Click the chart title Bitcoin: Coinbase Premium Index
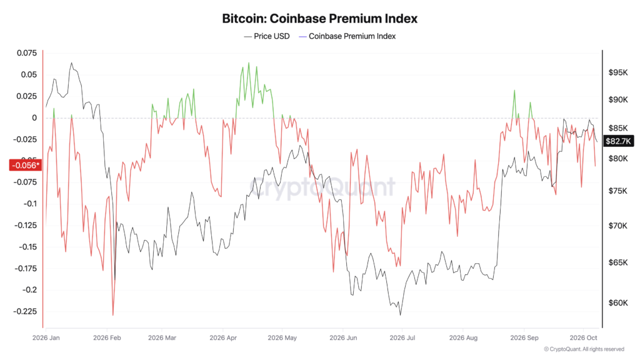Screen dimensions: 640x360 319,18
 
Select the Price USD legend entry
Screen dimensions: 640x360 267,36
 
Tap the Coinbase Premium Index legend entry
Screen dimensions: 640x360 347,36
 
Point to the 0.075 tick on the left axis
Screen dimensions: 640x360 27,53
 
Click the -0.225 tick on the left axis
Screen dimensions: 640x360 25,311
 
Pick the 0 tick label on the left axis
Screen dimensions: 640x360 34,118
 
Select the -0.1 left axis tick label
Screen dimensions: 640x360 30,204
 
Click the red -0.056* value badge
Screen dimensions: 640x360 25,165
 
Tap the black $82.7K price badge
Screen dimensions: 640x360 618,141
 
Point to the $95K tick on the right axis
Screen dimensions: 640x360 618,72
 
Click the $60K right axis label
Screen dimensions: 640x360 618,303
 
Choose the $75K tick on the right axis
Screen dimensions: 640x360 618,191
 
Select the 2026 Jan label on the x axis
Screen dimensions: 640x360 46,338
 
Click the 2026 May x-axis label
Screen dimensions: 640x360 282,338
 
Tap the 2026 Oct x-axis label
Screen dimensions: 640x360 583,338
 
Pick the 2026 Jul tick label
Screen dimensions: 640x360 402,338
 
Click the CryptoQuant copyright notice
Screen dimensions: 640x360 584,349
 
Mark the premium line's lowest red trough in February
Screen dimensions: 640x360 113,315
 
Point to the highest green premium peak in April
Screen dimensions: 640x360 249,63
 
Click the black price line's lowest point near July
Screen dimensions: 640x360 401,315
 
